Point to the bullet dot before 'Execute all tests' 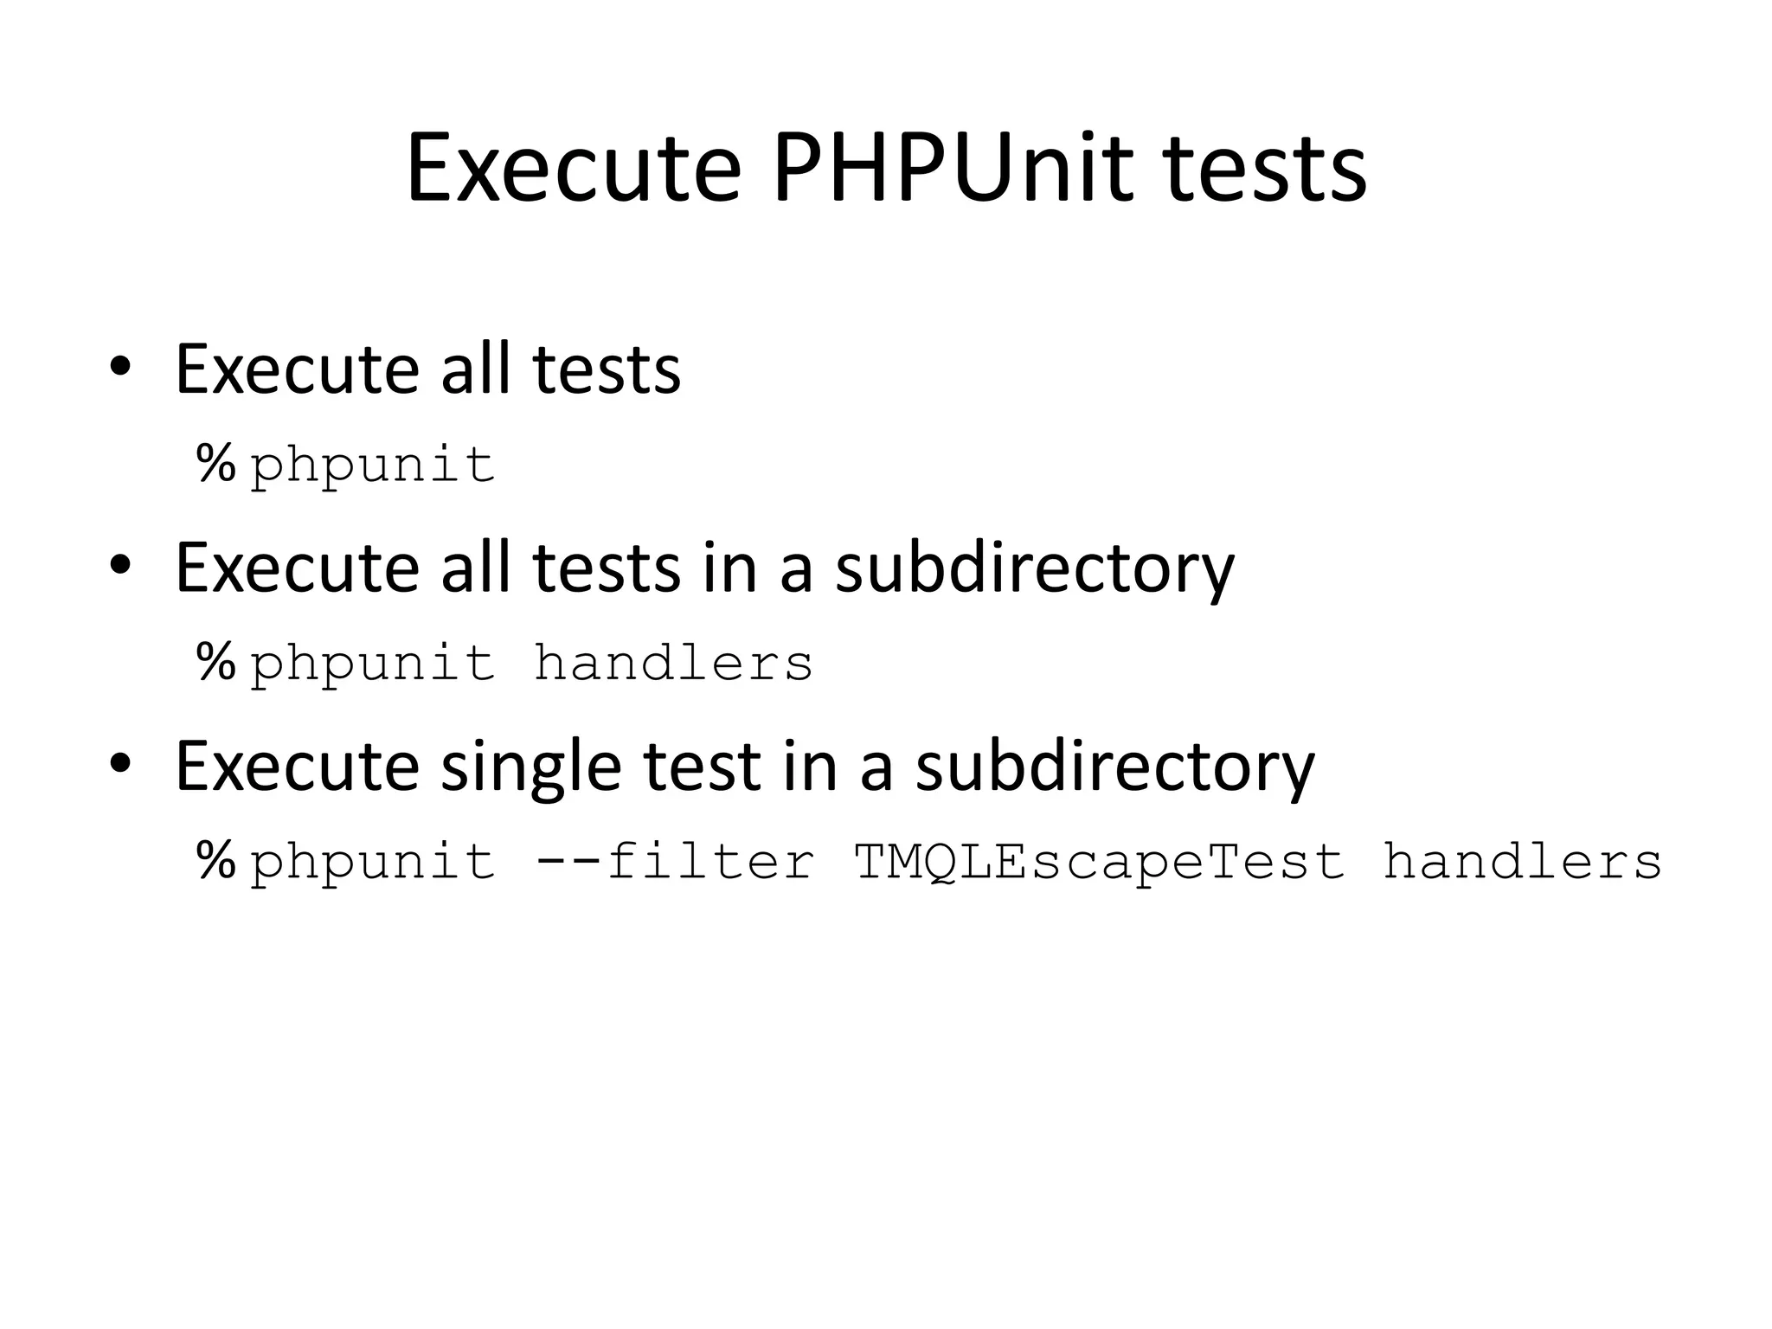pyautogui.click(x=119, y=368)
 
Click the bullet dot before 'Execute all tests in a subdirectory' pyautogui.click(x=119, y=566)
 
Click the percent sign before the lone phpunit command pyautogui.click(x=216, y=464)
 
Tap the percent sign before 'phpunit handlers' pyautogui.click(x=216, y=663)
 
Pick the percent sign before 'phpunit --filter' pyautogui.click(x=216, y=861)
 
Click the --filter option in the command pyautogui.click(x=675, y=861)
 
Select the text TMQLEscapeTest pyautogui.click(x=1099, y=861)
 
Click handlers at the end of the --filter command pyautogui.click(x=1522, y=861)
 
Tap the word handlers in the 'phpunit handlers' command pyautogui.click(x=673, y=663)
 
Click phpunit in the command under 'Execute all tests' pyautogui.click(x=373, y=465)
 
